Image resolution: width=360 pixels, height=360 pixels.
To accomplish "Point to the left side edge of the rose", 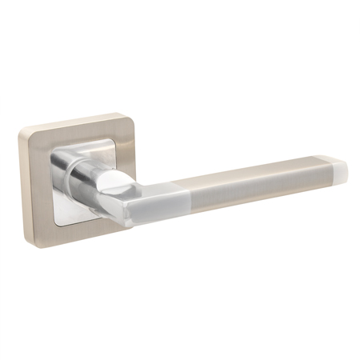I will tap(26, 184).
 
